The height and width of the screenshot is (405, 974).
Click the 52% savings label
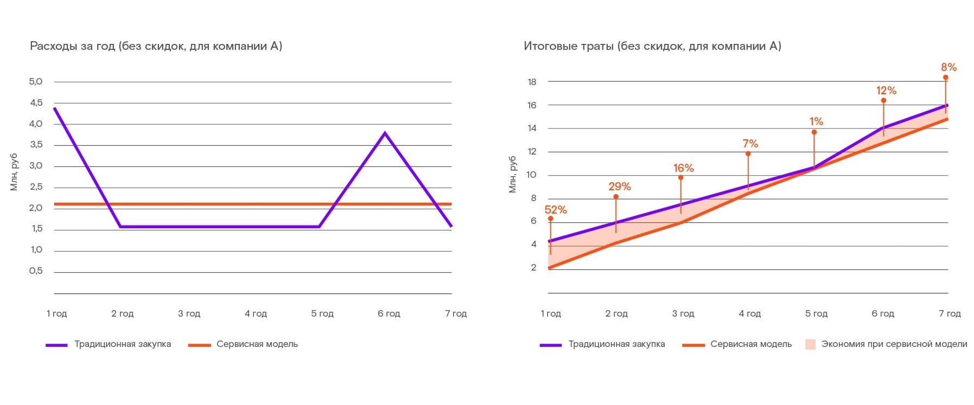556,210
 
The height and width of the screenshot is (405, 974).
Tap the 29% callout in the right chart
619,187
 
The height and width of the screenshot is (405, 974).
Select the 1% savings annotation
816,121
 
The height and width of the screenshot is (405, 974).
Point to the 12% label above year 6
886,91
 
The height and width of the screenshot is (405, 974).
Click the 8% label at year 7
948,67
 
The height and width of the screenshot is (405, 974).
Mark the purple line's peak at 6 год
385,133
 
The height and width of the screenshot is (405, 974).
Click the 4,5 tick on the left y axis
36,102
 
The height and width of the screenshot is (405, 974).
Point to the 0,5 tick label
36,271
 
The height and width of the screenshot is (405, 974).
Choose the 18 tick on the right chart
532,82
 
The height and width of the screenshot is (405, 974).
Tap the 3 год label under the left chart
189,313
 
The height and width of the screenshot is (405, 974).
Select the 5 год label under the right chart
816,313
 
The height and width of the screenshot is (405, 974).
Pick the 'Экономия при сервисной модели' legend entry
894,344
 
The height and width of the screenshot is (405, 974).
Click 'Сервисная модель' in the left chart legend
257,344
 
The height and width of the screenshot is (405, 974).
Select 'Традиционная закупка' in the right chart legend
616,344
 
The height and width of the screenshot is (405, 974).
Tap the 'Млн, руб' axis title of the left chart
14,172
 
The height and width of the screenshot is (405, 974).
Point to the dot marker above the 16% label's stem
680,177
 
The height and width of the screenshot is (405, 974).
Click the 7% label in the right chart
750,144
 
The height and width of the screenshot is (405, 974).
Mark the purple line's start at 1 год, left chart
55,108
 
